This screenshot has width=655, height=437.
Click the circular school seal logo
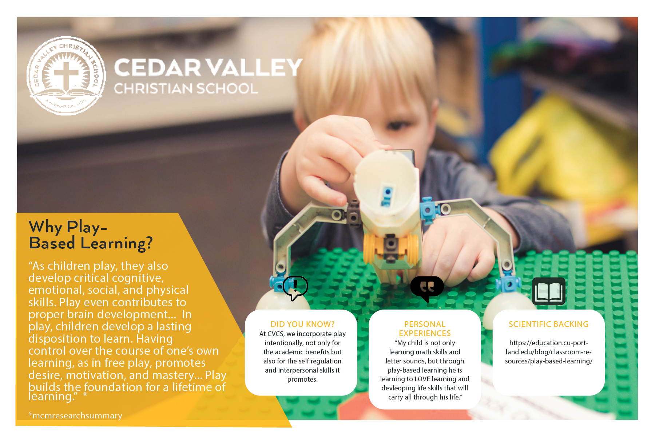[x=66, y=76]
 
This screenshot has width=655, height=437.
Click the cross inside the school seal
[x=66, y=75]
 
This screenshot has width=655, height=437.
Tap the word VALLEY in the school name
[x=255, y=67]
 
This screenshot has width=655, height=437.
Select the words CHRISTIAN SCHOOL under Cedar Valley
[x=186, y=88]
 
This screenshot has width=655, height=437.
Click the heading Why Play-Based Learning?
[x=91, y=235]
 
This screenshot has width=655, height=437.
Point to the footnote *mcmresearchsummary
[x=75, y=416]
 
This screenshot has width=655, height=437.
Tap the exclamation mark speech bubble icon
[x=295, y=288]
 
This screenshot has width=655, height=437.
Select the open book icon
[x=549, y=291]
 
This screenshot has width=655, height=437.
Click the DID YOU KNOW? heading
[x=302, y=324]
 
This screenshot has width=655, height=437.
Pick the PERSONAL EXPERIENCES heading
[x=425, y=329]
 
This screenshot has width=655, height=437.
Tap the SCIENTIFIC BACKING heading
[x=548, y=324]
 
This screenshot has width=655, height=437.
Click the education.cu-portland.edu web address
[x=548, y=352]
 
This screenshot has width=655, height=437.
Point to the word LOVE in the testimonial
[x=423, y=379]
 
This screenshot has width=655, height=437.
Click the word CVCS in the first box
[x=275, y=334]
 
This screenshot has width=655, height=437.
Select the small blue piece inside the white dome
[x=386, y=196]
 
